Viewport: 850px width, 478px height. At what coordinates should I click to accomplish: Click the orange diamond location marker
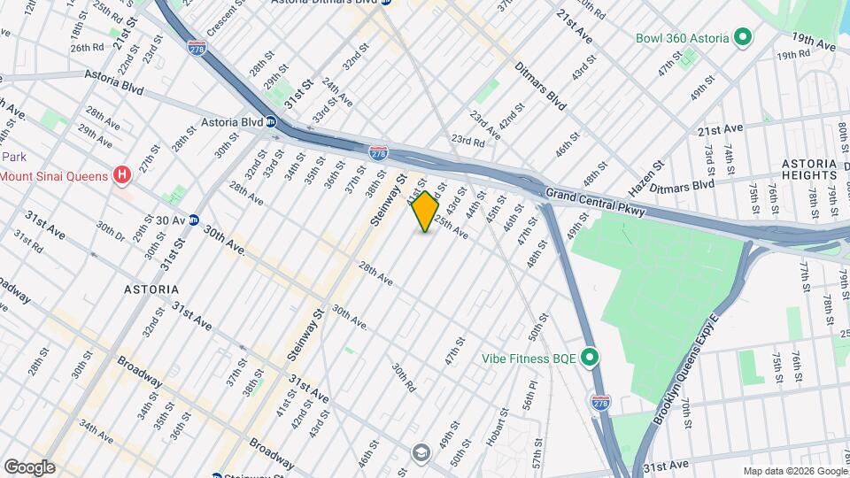tap(425, 212)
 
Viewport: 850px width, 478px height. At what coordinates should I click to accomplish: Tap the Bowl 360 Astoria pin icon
tap(743, 38)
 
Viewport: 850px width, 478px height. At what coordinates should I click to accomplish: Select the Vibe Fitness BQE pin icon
tap(591, 358)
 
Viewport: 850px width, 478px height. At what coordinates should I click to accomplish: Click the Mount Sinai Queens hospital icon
tap(122, 175)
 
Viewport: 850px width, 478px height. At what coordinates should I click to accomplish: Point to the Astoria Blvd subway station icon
tap(271, 122)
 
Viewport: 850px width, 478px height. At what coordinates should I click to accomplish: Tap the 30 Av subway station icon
tap(193, 220)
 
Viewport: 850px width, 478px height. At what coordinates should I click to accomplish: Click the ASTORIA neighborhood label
tap(151, 289)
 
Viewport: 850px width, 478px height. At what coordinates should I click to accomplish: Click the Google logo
tap(28, 466)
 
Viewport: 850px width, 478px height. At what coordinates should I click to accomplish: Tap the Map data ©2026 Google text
tap(794, 471)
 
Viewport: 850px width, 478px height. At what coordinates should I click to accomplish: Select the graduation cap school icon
tap(421, 453)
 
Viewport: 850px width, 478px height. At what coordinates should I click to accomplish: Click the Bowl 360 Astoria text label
tap(682, 38)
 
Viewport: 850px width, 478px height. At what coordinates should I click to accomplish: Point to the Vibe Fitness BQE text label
tap(529, 358)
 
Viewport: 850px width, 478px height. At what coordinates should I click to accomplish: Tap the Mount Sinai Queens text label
tap(53, 175)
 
